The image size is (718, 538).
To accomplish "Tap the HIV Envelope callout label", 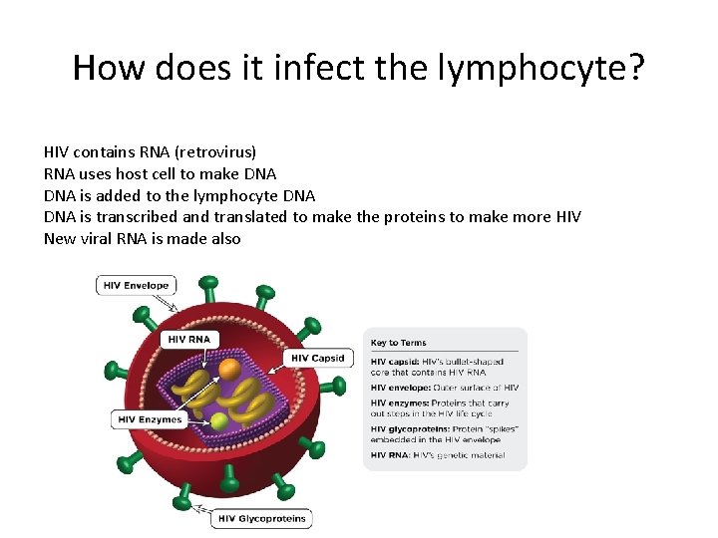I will (136, 286).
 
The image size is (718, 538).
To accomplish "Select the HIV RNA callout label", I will (189, 339).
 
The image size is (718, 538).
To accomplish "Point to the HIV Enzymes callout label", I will (150, 419).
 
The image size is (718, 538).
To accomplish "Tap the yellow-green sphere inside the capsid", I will (220, 421).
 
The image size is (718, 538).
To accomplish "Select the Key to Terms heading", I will (399, 343).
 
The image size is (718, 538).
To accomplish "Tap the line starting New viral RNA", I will (142, 239).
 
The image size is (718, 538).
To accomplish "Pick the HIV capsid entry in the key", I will (437, 367).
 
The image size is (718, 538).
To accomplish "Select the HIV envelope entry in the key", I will (445, 388).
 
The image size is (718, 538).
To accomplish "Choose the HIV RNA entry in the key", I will (438, 455).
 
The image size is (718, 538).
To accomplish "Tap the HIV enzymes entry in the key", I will (440, 407).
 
